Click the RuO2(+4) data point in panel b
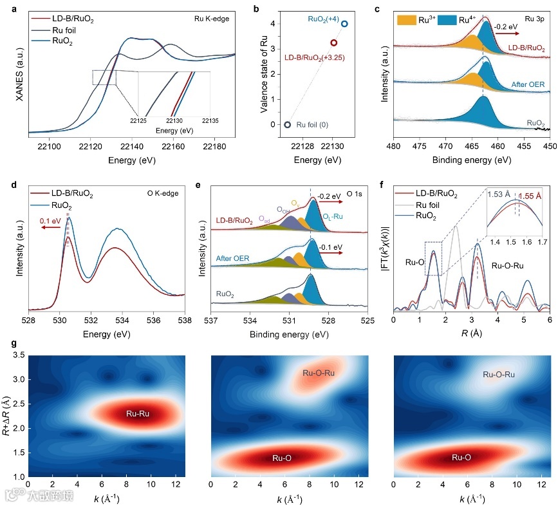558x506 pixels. pos(344,24)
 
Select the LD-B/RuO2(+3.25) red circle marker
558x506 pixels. pos(333,42)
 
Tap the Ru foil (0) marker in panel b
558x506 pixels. pos(287,125)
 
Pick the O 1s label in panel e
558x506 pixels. pos(355,191)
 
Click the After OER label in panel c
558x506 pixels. pos(527,84)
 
